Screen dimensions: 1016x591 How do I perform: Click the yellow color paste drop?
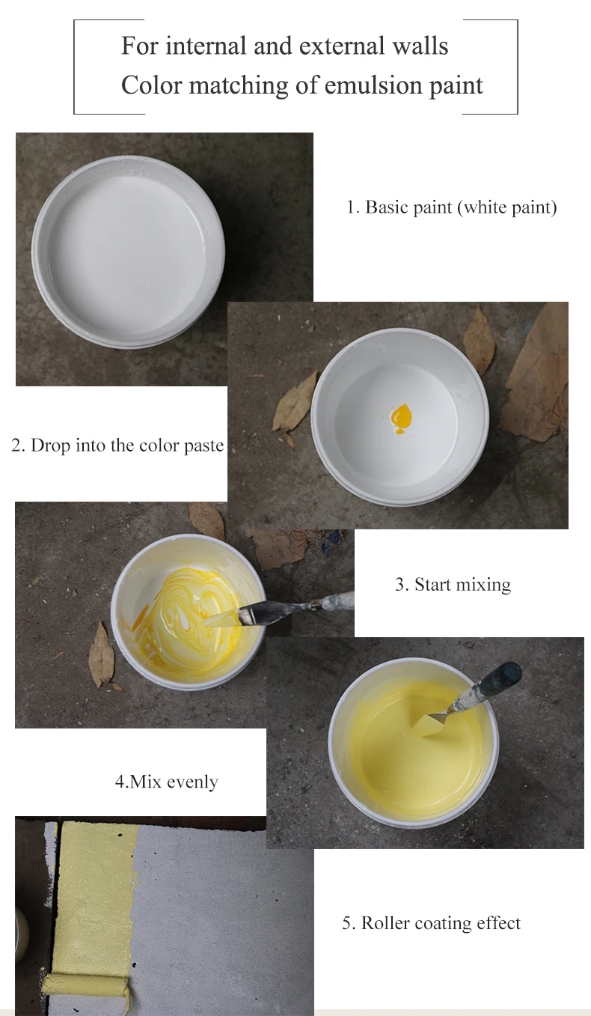tap(402, 418)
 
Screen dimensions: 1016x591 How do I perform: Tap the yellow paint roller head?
tap(85, 982)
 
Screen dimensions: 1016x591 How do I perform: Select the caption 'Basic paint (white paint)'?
tap(451, 207)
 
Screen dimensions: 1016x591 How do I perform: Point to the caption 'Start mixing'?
tap(453, 585)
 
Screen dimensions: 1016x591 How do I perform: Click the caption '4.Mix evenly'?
tap(166, 782)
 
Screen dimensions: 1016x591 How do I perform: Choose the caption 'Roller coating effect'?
tap(431, 923)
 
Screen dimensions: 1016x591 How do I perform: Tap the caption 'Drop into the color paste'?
tap(117, 446)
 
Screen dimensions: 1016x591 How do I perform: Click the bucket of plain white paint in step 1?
tap(128, 251)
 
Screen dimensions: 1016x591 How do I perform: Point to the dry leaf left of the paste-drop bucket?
tap(295, 404)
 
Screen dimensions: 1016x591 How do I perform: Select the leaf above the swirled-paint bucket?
tap(206, 518)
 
